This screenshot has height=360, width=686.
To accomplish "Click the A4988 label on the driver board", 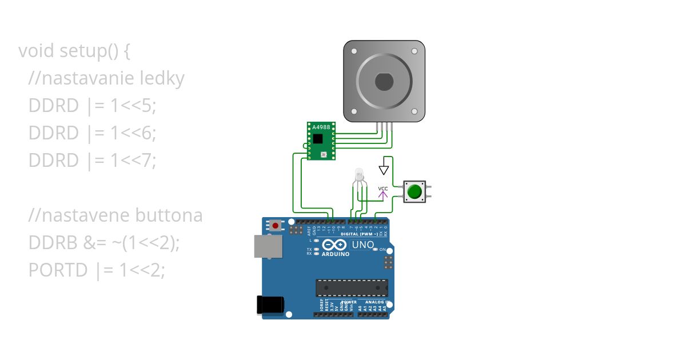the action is point(321,127).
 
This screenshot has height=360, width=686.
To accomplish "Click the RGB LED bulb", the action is point(359,174).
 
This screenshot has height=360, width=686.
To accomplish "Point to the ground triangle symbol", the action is point(384,170).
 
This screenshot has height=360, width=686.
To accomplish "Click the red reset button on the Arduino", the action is point(276,226).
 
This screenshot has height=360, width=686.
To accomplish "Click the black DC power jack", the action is point(270,304).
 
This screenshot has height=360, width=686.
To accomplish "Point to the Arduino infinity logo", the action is point(335,245).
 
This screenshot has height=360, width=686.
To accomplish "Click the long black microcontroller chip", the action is point(352,288).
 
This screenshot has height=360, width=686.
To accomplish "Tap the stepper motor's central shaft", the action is point(384,82).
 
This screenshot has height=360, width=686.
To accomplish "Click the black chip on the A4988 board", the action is point(318,139).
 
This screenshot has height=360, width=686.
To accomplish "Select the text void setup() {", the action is point(75,51).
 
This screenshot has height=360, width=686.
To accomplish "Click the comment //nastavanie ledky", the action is point(106,78).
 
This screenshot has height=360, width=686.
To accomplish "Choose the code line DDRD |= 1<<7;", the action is point(92,161).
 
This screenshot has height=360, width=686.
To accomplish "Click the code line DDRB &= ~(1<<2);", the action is point(104,243).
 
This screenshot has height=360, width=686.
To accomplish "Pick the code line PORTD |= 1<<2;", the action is point(97,270).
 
